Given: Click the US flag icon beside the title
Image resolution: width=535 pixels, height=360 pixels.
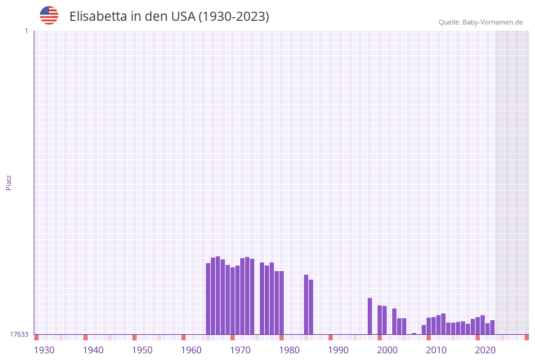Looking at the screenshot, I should tap(49, 15).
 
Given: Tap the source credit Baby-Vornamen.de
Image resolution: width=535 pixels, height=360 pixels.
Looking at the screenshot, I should tap(480, 22).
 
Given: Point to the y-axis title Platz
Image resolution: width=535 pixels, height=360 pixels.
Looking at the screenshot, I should tap(9, 182).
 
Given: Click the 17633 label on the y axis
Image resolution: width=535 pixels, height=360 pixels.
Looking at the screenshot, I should tap(19, 334).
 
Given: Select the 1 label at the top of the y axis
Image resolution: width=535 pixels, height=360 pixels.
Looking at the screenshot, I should tap(26, 31).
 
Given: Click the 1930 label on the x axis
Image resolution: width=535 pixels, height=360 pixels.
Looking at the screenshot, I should tap(44, 350).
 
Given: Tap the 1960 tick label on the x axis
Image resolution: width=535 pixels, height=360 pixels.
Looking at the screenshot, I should tap(191, 350).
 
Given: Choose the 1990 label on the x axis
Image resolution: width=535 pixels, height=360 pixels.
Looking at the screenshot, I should tap(338, 350).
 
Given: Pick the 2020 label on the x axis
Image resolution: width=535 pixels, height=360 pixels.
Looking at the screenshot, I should tap(485, 350).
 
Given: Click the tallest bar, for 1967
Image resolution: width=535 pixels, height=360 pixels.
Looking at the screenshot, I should tap(218, 295).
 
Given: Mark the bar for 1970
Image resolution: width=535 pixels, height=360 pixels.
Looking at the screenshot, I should tap(232, 301).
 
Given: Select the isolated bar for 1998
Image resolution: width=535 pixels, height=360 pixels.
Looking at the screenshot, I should tap(370, 316).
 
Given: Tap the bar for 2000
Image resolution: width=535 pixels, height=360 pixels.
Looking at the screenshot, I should tap(379, 320).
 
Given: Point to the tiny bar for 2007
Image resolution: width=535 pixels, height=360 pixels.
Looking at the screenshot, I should tap(414, 334).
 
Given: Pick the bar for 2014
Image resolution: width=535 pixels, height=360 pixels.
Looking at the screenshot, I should tap(448, 328).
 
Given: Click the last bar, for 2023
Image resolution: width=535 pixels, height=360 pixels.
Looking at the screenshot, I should tap(492, 327).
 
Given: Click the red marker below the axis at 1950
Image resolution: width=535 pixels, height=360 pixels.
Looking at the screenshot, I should tap(134, 337).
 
